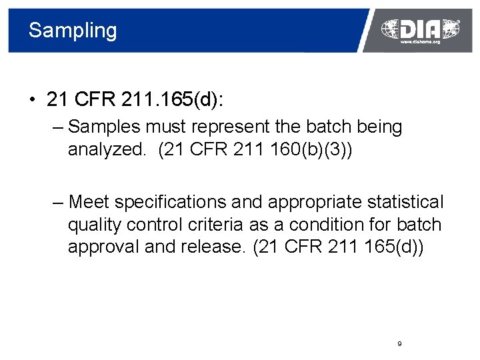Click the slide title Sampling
click(x=73, y=31)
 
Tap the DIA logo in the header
click(x=420, y=28)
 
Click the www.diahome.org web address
click(x=420, y=42)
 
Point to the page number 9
click(x=399, y=343)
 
